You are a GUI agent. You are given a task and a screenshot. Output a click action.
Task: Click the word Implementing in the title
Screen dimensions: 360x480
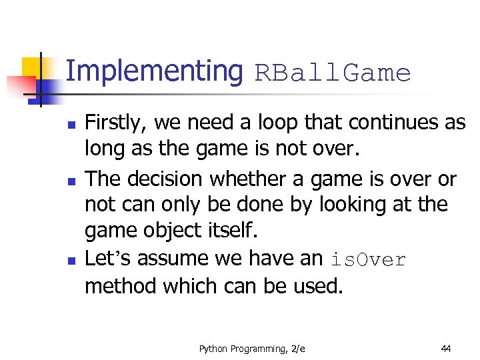(x=155, y=71)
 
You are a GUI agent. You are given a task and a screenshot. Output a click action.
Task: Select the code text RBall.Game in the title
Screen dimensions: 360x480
(x=333, y=73)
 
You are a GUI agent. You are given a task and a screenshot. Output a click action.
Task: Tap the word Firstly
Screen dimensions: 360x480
(x=117, y=123)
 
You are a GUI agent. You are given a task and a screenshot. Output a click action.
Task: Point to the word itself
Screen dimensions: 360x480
(x=233, y=231)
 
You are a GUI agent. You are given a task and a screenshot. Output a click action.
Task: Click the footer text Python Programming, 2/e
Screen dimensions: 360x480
(x=252, y=348)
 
